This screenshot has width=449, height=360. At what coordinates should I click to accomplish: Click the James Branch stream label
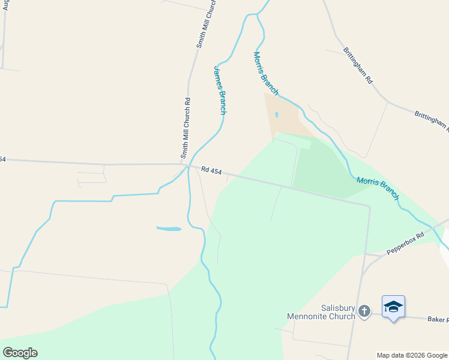pos(220,90)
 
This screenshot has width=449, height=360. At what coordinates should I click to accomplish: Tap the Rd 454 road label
pos(211,172)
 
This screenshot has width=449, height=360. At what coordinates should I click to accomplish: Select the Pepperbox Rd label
pos(405,243)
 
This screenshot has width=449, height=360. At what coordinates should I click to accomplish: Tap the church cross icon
pos(364,311)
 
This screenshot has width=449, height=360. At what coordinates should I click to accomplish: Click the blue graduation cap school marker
pos(393,307)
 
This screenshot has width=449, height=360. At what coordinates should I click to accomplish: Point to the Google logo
pos(20,353)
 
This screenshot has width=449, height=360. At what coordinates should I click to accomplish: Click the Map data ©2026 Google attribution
pos(412,355)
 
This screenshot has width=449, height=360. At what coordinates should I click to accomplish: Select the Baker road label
pos(438,320)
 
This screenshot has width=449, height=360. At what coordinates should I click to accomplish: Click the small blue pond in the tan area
pos(277,114)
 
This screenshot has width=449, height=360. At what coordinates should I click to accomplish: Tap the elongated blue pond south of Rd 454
pos(169,229)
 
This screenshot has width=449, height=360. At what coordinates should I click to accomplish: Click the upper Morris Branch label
pos(265,73)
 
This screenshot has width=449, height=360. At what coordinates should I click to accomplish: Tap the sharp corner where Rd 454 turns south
pos(369,206)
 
